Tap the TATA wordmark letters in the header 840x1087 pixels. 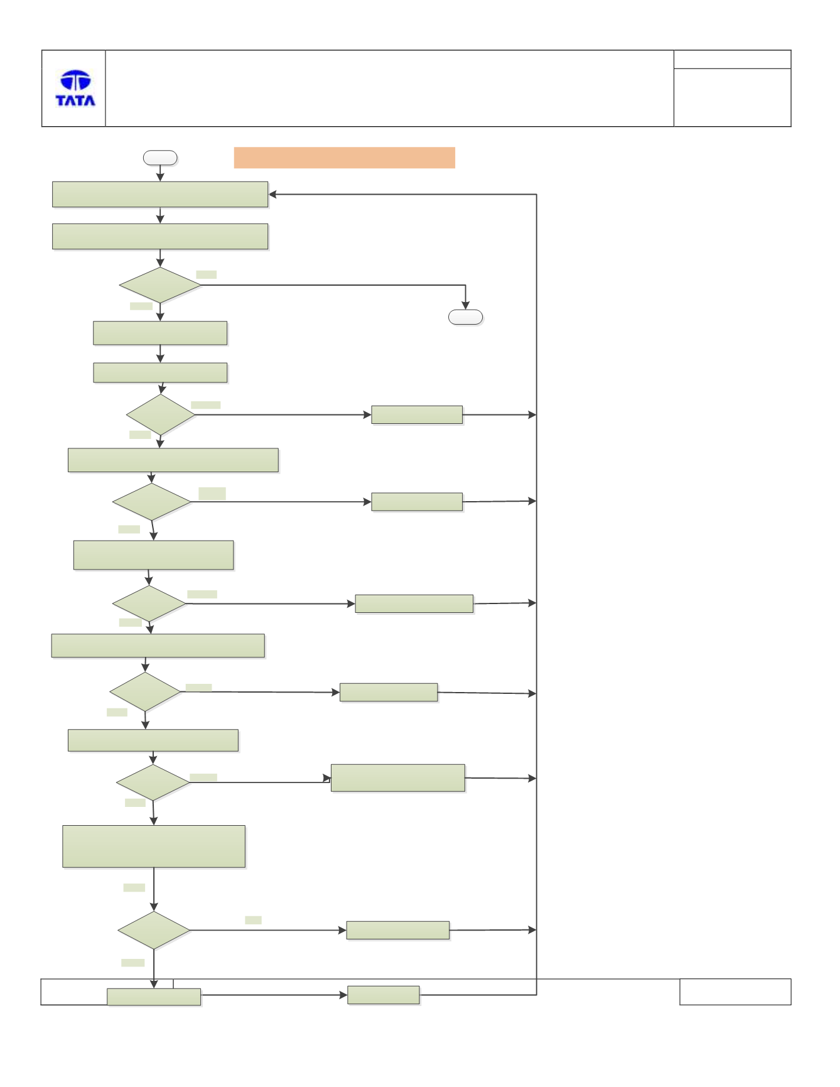pyautogui.click(x=75, y=100)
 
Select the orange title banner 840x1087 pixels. pyautogui.click(x=344, y=158)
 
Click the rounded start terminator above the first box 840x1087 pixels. pyautogui.click(x=160, y=158)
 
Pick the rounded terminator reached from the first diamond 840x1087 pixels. pyautogui.click(x=465, y=317)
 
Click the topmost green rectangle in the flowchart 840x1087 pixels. pyautogui.click(x=160, y=195)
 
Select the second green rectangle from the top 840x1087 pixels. pyautogui.click(x=160, y=237)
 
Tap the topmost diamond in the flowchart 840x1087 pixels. pyautogui.click(x=160, y=285)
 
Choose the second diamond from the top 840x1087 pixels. pyautogui.click(x=161, y=414)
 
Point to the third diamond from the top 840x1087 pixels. pyautogui.click(x=151, y=502)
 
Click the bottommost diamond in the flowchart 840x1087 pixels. pyautogui.click(x=154, y=930)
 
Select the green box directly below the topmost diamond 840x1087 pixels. pyautogui.click(x=160, y=333)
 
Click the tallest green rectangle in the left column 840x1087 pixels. pyautogui.click(x=154, y=846)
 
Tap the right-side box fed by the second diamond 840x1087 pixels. pyautogui.click(x=417, y=414)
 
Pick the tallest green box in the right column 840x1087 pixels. pyautogui.click(x=398, y=778)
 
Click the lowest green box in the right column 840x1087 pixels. pyautogui.click(x=384, y=995)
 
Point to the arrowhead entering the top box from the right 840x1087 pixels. pyautogui.click(x=272, y=195)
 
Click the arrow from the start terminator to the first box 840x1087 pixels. pyautogui.click(x=160, y=173)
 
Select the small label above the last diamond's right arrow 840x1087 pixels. pyautogui.click(x=253, y=920)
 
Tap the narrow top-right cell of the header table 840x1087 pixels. pyautogui.click(x=732, y=60)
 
